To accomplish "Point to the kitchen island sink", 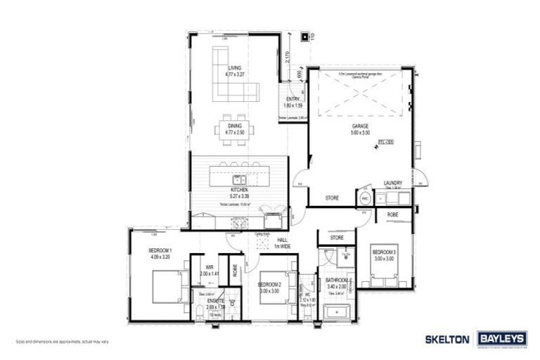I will (x=239, y=178).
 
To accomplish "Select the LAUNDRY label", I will (x=393, y=184).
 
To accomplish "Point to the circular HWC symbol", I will (x=366, y=199).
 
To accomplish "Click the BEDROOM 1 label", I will (x=160, y=251).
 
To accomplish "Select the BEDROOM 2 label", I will (x=269, y=284).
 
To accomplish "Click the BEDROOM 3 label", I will (x=385, y=252).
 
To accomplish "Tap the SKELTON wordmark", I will (x=446, y=339).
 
